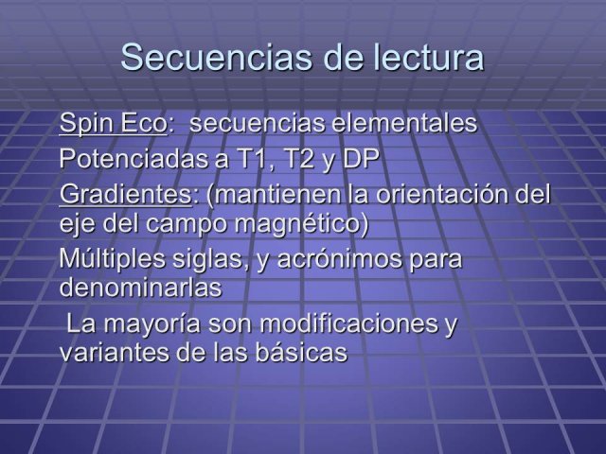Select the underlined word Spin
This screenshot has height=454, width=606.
pos(85,124)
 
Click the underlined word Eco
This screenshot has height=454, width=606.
pos(142,123)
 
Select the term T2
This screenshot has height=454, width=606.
pos(299,158)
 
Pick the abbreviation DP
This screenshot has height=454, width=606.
pos(361,158)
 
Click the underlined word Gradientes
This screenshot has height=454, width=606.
pos(125,194)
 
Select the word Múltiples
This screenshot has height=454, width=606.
pos(113,258)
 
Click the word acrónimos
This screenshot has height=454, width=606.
pos(340,258)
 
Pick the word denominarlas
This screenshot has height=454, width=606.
pos(141,287)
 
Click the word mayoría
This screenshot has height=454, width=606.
pos(152,324)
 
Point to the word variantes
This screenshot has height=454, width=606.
pos(115,352)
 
